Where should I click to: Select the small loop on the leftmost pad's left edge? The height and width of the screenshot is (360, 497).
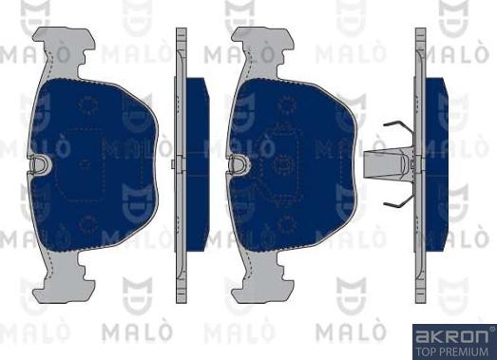pyautogui.click(x=39, y=163)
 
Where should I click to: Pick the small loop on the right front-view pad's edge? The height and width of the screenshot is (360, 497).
pyautogui.click(x=234, y=163)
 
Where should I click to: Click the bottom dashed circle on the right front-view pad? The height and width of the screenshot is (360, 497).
pyautogui.click(x=283, y=224)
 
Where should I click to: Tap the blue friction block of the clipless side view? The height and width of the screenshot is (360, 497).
pyautogui.click(x=196, y=161)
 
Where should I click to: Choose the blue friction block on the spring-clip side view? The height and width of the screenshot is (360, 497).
pyautogui.click(x=436, y=161)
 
